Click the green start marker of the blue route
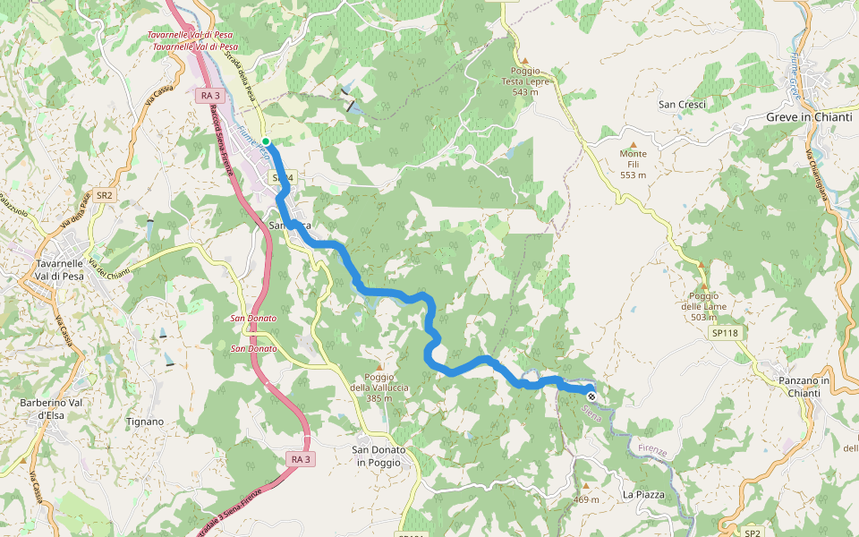click(x=266, y=141)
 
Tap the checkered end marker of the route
click(x=591, y=396)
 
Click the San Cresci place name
click(x=683, y=105)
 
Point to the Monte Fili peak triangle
click(x=634, y=144)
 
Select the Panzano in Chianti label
click(x=804, y=387)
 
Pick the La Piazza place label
click(x=644, y=494)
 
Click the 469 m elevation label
click(x=586, y=499)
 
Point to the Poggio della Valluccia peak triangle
click(x=379, y=367)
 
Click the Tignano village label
click(x=145, y=422)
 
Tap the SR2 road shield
click(x=105, y=195)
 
